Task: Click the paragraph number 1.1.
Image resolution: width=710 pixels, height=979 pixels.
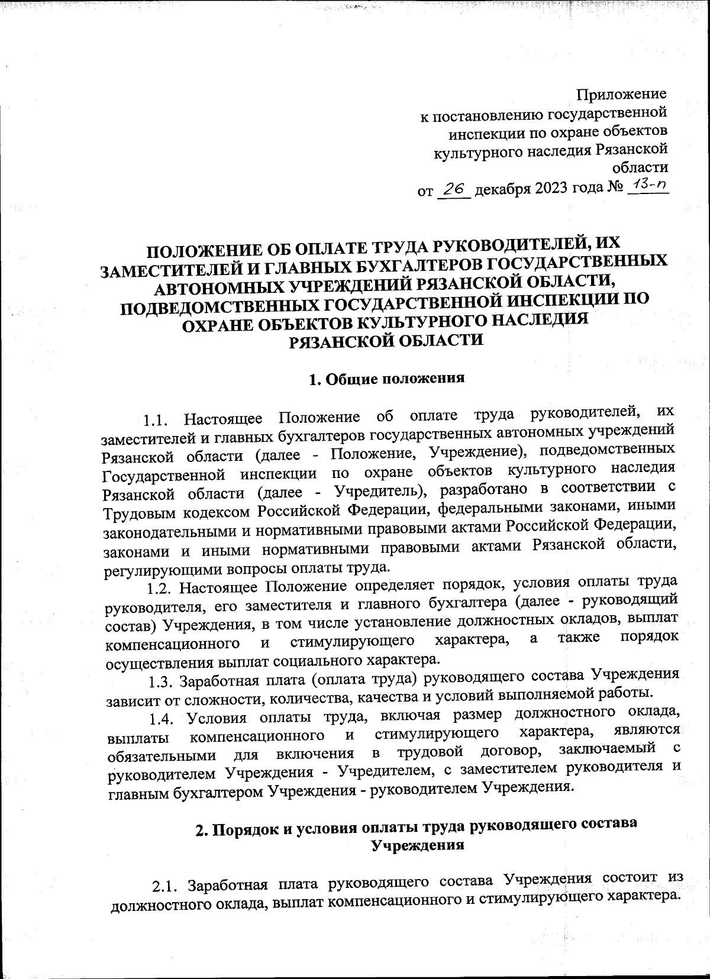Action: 157,421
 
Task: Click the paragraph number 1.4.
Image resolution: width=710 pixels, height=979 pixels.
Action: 162,718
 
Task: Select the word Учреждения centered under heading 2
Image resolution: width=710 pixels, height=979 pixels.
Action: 416,845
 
